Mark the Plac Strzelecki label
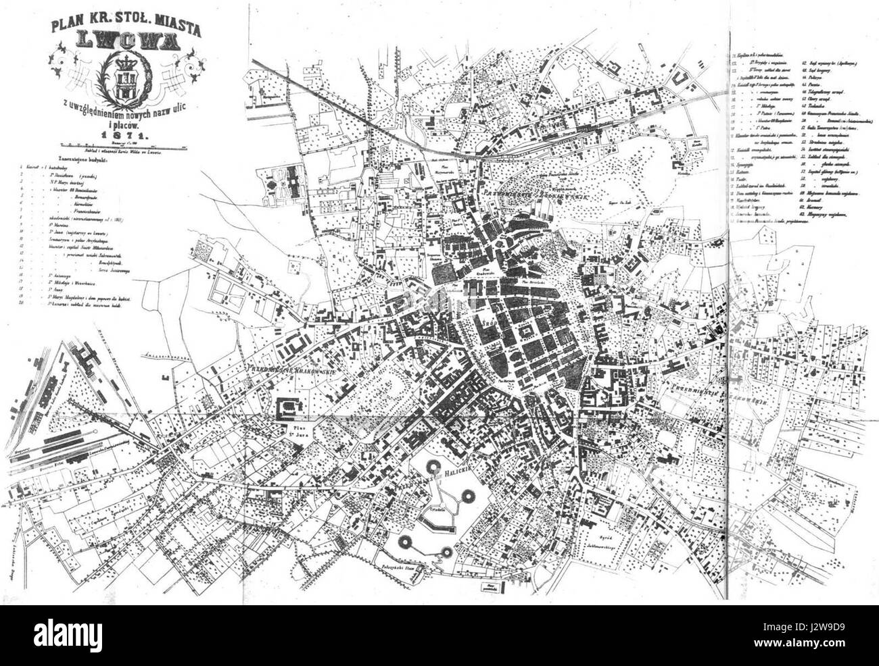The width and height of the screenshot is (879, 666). pyautogui.click(x=535, y=276)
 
